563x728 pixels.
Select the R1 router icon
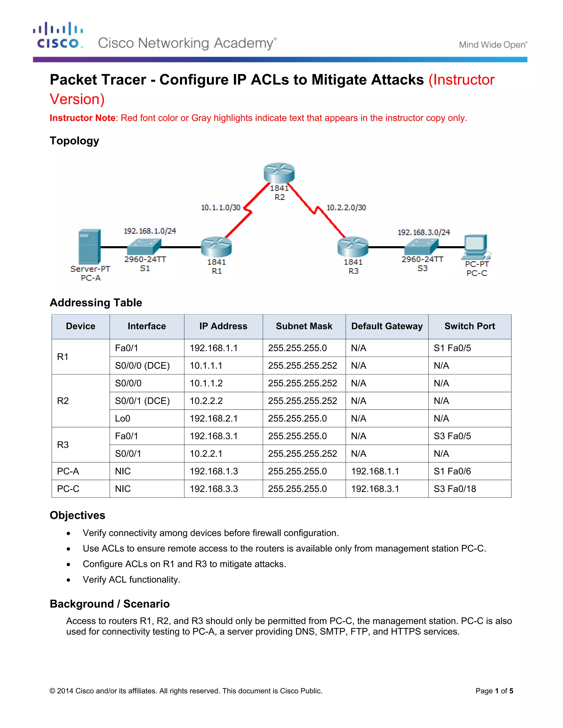216,247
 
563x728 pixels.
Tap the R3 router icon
353,247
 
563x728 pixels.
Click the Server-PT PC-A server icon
89,247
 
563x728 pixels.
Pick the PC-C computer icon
476,247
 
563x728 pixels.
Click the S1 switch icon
144,247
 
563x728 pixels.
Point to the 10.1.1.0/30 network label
220,208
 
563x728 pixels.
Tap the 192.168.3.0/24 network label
424,232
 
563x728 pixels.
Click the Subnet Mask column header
304,326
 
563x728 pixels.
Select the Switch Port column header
469,326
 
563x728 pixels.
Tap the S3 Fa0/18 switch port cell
455,489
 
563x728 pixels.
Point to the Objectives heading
77,515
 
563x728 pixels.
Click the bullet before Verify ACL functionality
68,580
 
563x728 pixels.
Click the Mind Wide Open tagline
493,45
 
